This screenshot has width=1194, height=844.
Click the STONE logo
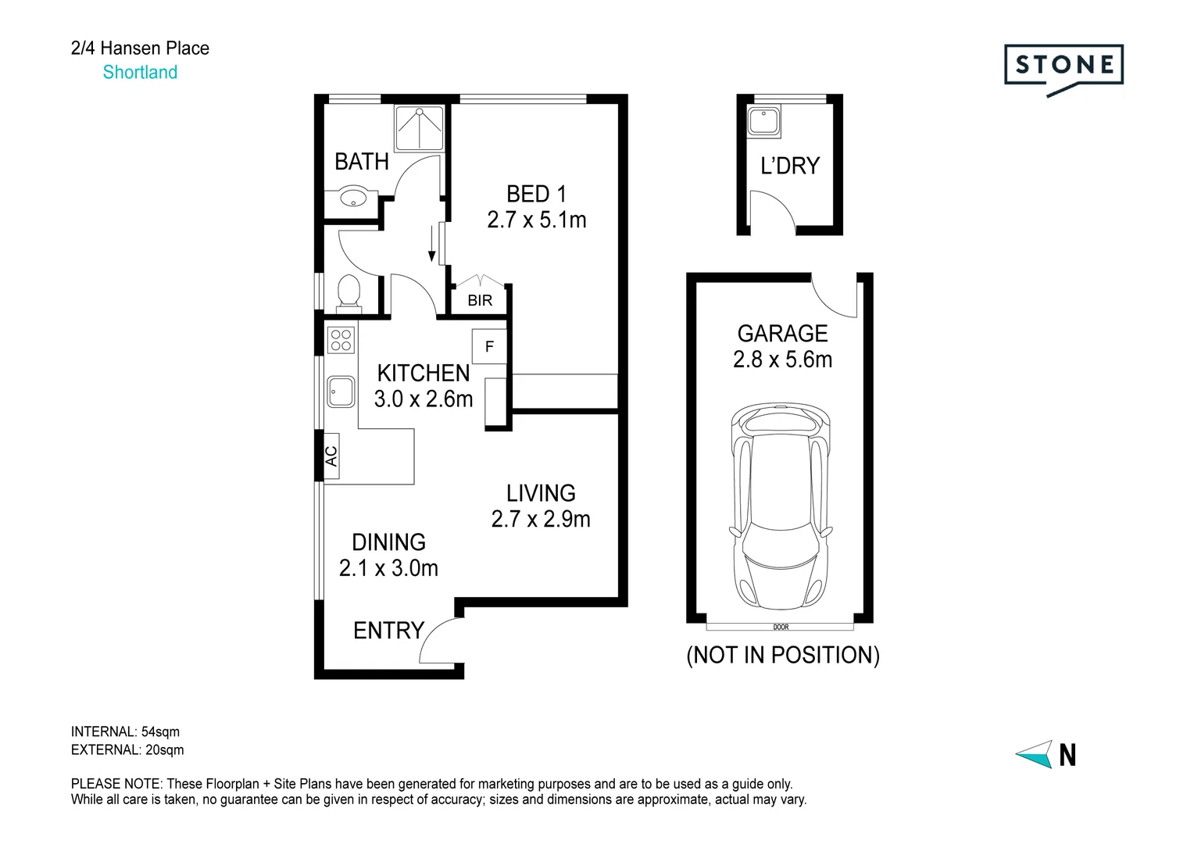1064,66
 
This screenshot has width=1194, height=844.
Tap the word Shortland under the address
140,73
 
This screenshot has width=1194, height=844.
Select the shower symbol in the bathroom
420,127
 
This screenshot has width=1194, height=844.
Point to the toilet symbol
349,291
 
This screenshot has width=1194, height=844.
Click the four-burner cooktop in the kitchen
341,340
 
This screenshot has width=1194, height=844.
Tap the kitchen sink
341,391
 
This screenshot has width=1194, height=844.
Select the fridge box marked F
490,346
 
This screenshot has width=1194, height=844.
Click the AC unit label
331,456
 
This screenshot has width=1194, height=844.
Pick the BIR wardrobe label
480,300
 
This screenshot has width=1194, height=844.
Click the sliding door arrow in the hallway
431,244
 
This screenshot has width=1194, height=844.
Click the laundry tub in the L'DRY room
759,122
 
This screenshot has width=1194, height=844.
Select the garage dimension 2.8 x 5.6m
782,359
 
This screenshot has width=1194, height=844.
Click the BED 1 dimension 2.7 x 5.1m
537,220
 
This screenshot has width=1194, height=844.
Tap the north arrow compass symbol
1035,754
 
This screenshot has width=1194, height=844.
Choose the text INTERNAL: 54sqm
125,731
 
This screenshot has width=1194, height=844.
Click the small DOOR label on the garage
781,627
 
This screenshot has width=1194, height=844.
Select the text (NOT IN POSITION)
783,655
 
